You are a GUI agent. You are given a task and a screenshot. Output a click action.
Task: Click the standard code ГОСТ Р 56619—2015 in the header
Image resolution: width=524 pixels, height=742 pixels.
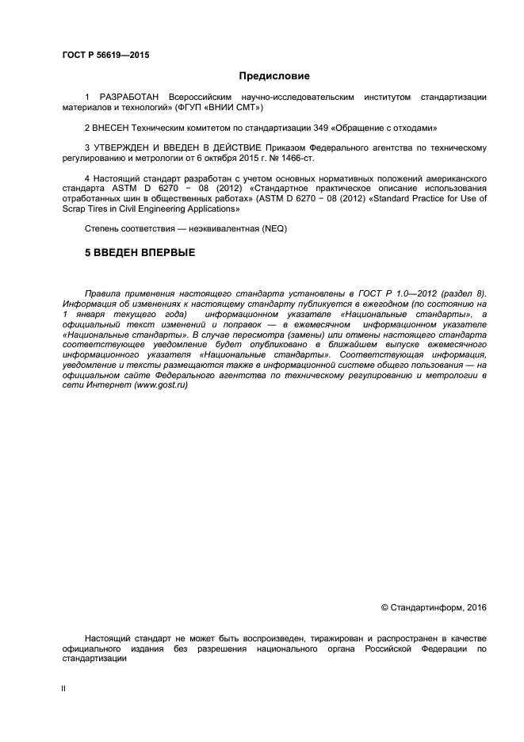pyautogui.click(x=105, y=55)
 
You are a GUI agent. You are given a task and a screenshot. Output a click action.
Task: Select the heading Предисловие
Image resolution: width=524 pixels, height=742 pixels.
pyautogui.click(x=274, y=76)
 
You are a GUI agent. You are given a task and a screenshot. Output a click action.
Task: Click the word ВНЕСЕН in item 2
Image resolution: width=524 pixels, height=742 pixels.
pyautogui.click(x=117, y=127)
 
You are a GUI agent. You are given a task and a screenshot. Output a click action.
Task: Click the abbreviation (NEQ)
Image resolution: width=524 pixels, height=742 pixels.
pyautogui.click(x=273, y=228)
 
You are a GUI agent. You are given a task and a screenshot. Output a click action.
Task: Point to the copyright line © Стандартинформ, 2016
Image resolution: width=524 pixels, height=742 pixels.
pyautogui.click(x=434, y=608)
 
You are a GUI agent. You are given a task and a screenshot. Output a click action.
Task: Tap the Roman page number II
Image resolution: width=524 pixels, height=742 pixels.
pyautogui.click(x=63, y=688)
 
